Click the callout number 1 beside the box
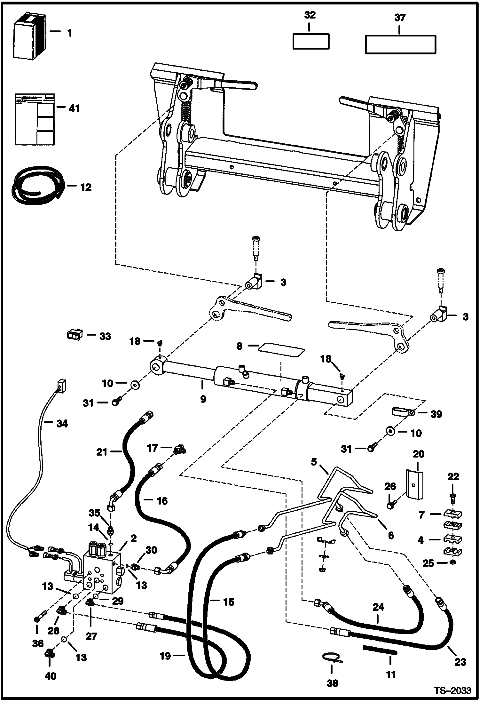(69, 33)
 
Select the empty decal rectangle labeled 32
(311, 41)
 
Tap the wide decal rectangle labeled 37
(401, 44)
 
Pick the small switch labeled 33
(75, 335)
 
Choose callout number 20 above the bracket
(418, 454)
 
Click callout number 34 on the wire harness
(62, 424)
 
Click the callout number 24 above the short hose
(378, 607)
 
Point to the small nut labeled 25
(453, 562)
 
